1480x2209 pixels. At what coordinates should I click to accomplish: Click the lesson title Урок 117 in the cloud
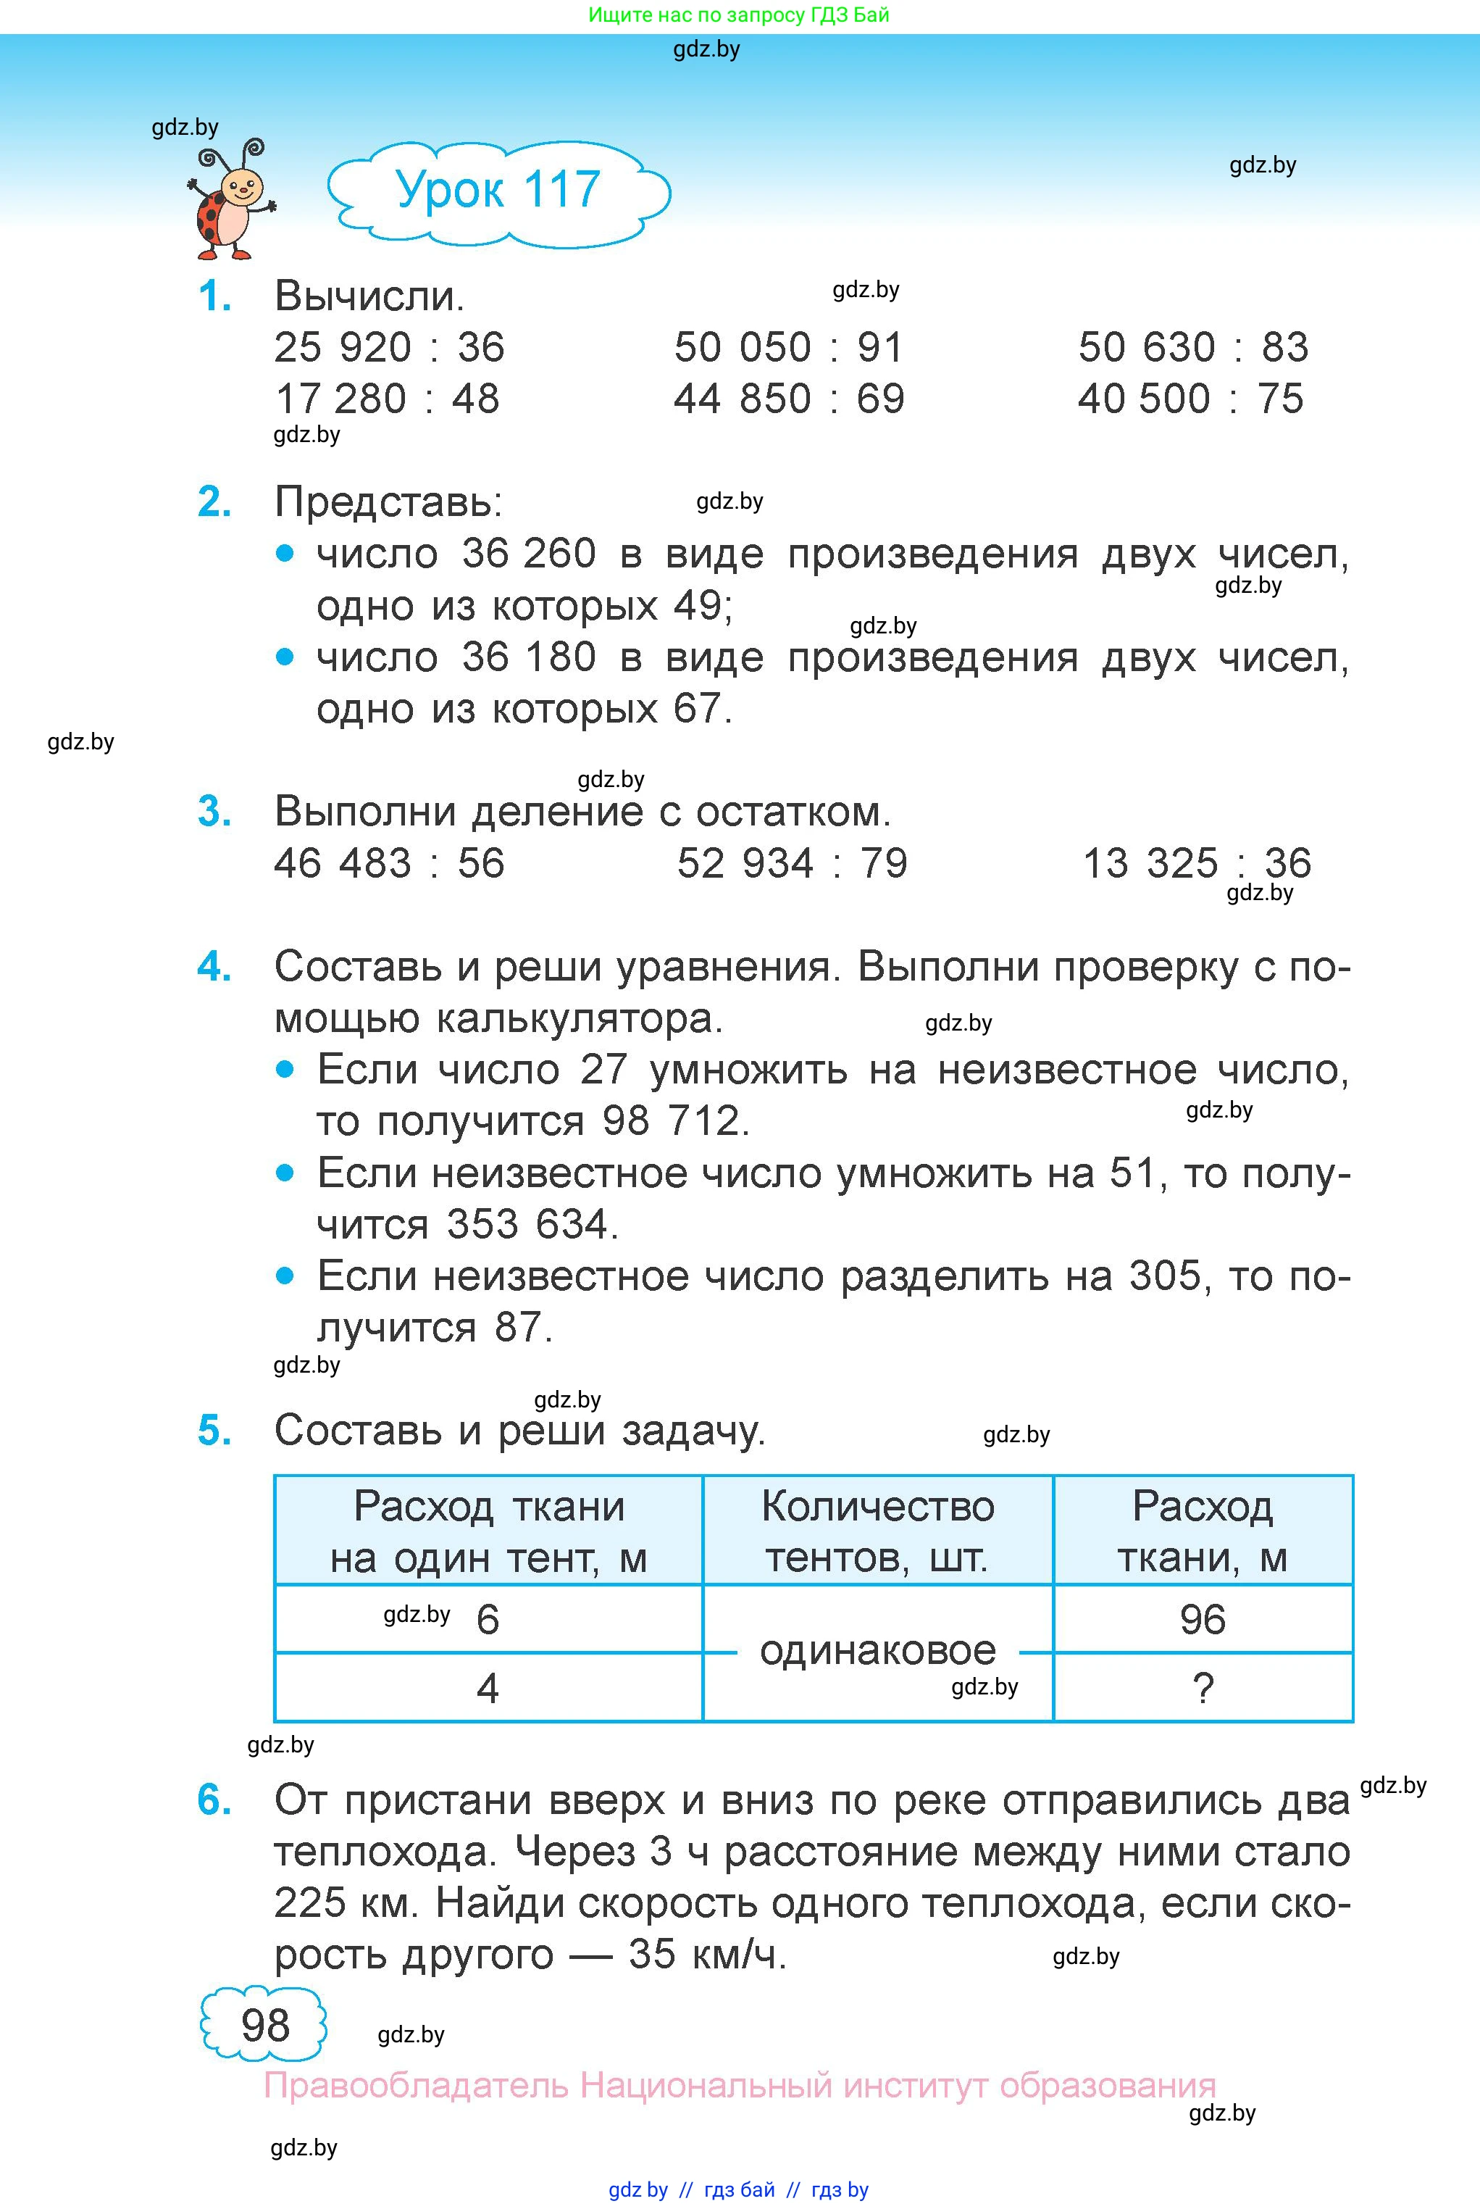(498, 190)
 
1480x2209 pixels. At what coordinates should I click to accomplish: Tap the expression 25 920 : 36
(389, 347)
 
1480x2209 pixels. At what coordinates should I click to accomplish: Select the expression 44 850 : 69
(788, 399)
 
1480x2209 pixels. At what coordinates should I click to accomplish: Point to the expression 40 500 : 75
(1190, 399)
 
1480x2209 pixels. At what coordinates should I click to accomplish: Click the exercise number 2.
(214, 502)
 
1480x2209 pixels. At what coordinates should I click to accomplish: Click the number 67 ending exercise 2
(698, 709)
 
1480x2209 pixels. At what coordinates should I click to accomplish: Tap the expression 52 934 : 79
(792, 863)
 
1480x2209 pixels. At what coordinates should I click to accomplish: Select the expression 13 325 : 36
(1196, 863)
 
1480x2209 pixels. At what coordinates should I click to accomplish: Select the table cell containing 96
(1203, 1620)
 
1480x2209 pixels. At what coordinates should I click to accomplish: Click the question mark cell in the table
(1203, 1688)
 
